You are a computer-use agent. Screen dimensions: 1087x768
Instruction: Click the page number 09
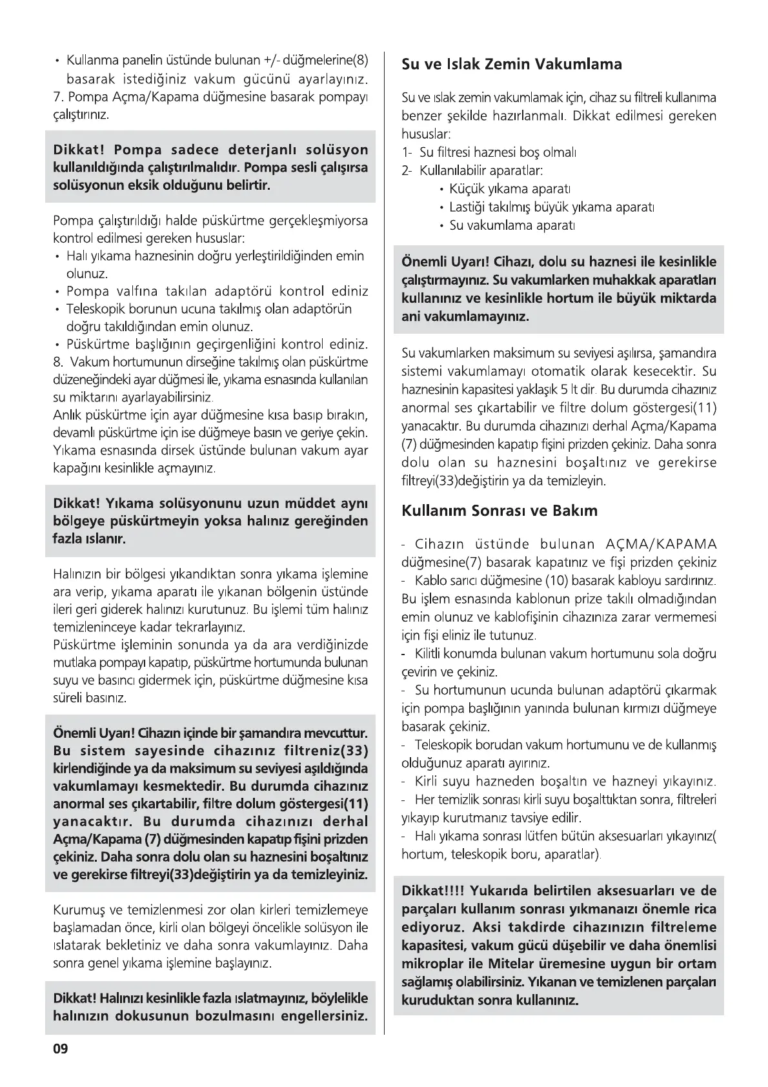pyautogui.click(x=60, y=1048)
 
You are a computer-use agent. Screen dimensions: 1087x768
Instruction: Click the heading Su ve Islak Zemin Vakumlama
pyautogui.click(x=511, y=64)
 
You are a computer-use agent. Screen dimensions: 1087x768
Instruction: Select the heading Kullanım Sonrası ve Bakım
pyautogui.click(x=500, y=511)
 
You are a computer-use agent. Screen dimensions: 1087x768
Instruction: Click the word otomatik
pyautogui.click(x=558, y=372)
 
